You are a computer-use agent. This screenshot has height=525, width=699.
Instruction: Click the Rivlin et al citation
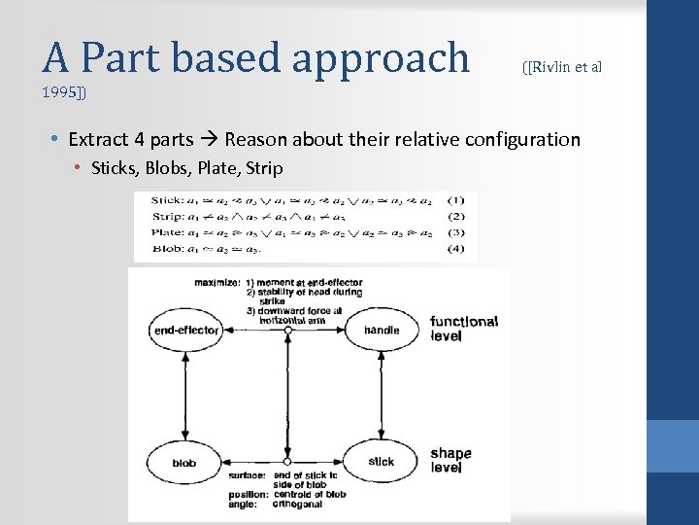pyautogui.click(x=562, y=66)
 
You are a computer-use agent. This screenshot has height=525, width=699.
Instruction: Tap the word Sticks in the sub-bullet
pyautogui.click(x=116, y=168)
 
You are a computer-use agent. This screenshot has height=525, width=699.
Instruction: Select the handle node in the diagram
pyautogui.click(x=382, y=331)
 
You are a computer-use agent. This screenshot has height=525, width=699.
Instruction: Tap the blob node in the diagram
pyautogui.click(x=183, y=462)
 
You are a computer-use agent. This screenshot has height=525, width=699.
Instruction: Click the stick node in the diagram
pyautogui.click(x=382, y=462)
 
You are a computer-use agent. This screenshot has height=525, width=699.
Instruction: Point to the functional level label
pyautogui.click(x=464, y=329)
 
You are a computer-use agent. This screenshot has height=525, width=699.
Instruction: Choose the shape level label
pyautogui.click(x=450, y=460)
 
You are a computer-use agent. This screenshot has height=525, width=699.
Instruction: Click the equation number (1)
pyautogui.click(x=456, y=200)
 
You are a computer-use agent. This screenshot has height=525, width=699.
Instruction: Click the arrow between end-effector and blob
pyautogui.click(x=183, y=396)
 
